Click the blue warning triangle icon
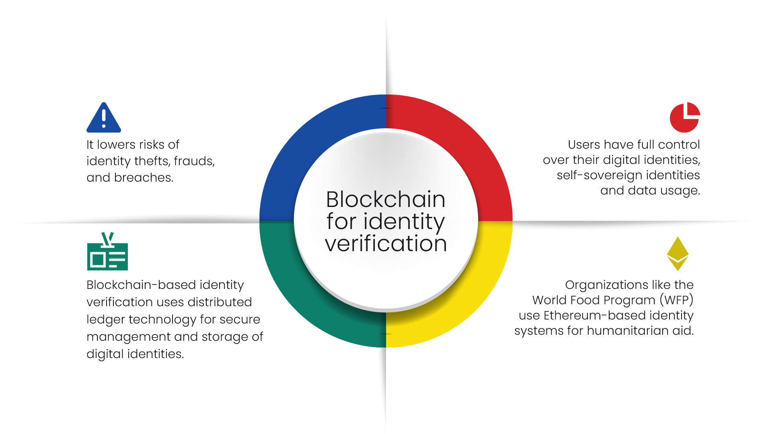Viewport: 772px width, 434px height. point(104,119)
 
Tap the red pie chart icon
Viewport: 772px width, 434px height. point(684,118)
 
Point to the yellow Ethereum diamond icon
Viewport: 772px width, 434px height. point(678,254)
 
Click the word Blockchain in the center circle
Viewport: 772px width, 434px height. point(386,199)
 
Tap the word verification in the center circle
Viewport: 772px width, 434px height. point(386,244)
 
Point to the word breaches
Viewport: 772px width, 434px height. point(144,178)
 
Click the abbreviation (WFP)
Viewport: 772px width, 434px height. point(676,300)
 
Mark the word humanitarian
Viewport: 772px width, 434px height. point(627,331)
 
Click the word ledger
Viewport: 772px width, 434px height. point(106,319)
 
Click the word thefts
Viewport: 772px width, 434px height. point(152,161)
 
